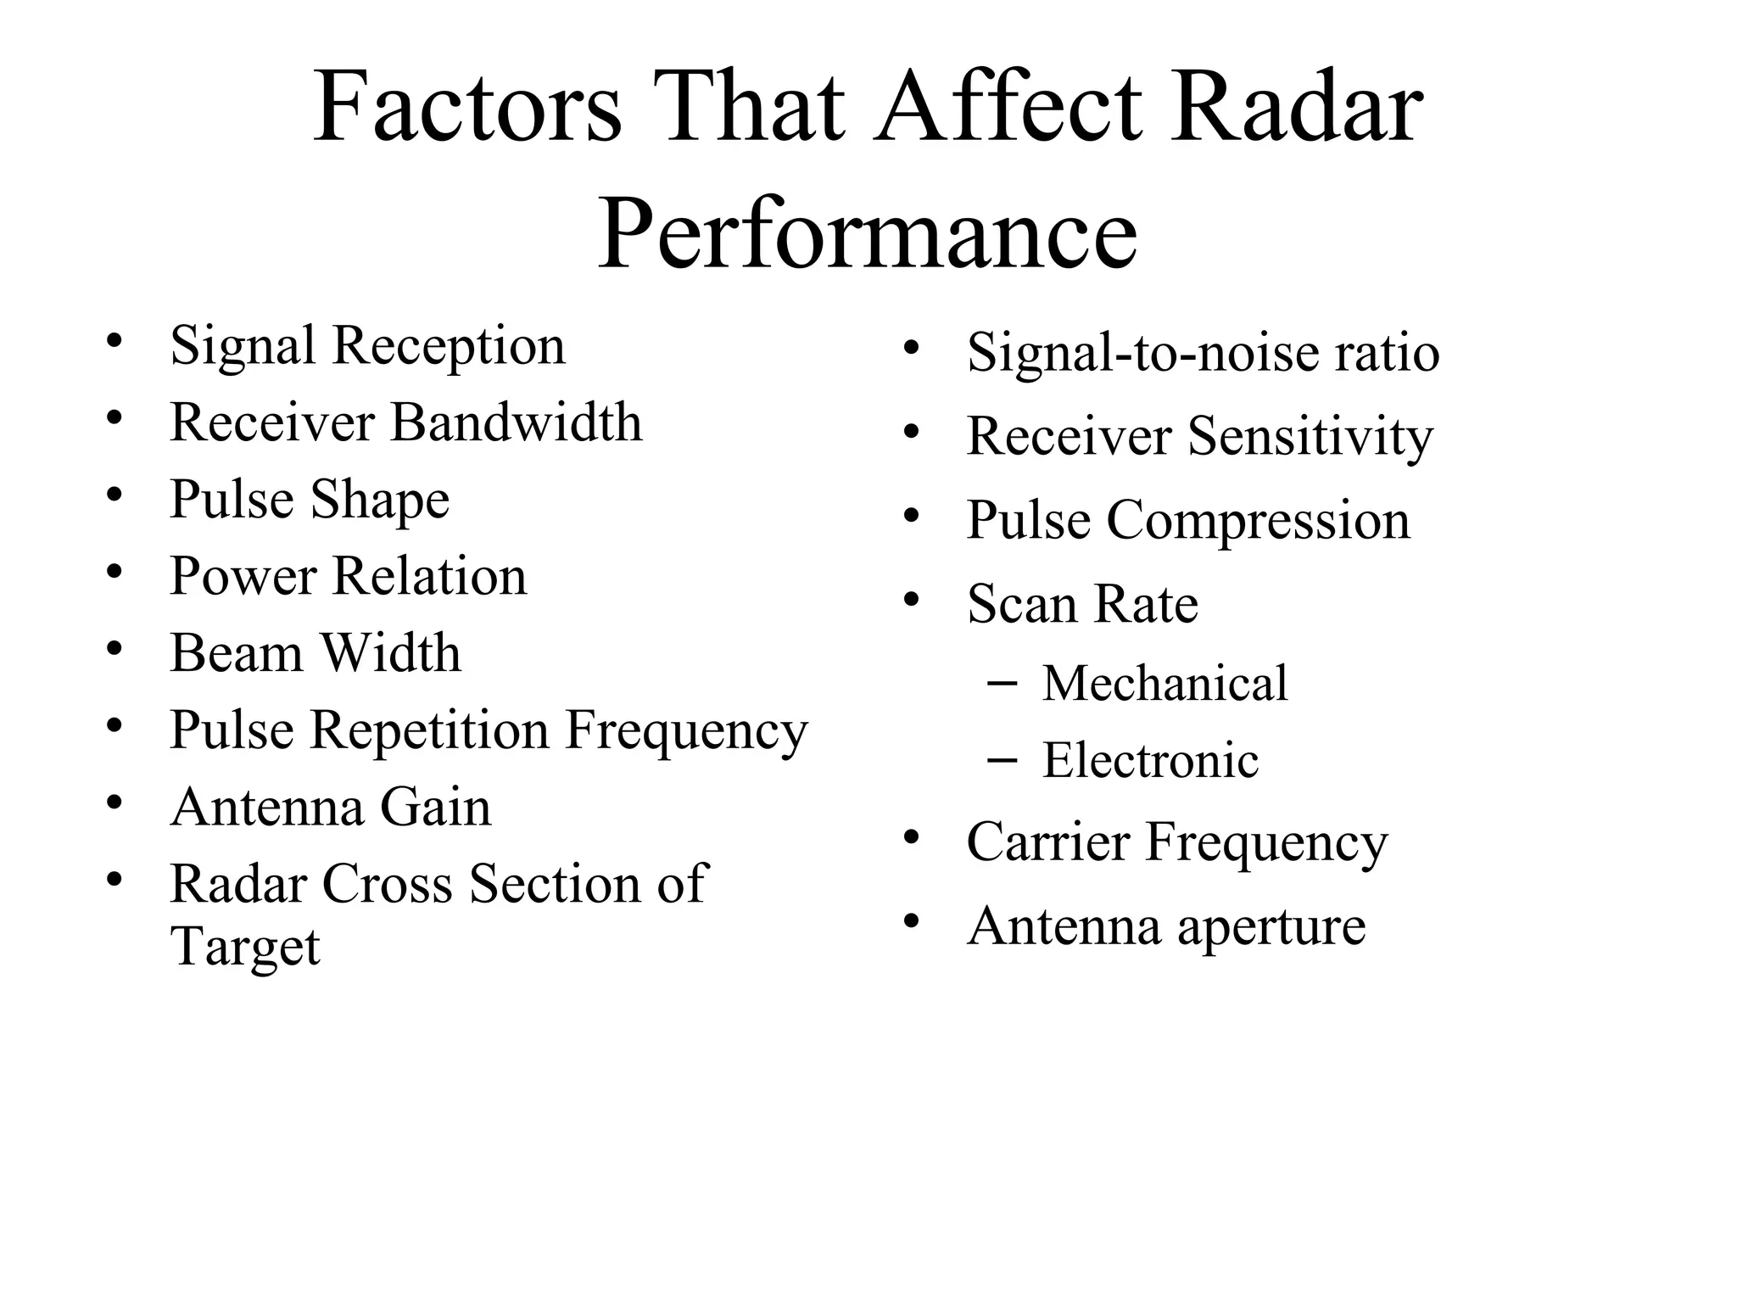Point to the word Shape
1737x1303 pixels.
[379, 500]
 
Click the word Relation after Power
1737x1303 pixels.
[429, 576]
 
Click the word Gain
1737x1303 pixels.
[435, 807]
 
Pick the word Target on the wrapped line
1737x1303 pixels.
[245, 947]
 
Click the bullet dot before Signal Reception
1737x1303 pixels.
[114, 342]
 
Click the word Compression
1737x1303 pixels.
[1258, 520]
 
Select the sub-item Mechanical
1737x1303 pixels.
[1165, 683]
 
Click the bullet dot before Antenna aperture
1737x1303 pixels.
[912, 921]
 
